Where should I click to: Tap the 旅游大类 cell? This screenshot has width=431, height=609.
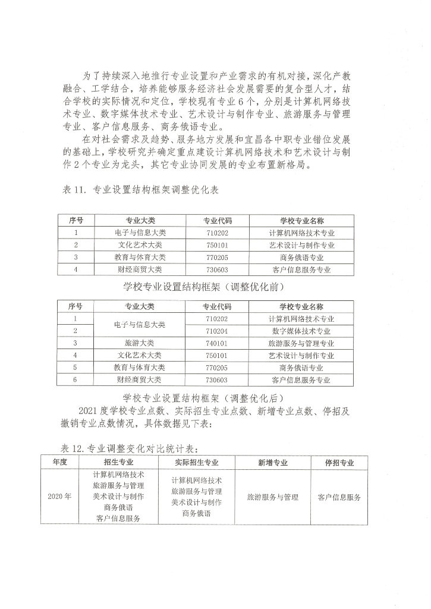(x=139, y=343)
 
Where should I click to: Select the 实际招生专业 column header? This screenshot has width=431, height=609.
(x=196, y=462)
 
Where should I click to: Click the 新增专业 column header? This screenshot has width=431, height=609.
(x=272, y=462)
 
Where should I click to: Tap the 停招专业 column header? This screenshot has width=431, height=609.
(x=339, y=462)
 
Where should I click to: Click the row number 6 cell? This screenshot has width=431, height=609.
(x=75, y=379)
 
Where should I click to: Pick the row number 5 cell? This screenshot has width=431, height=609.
(x=75, y=368)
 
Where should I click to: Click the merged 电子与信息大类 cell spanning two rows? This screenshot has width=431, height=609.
(x=139, y=325)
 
